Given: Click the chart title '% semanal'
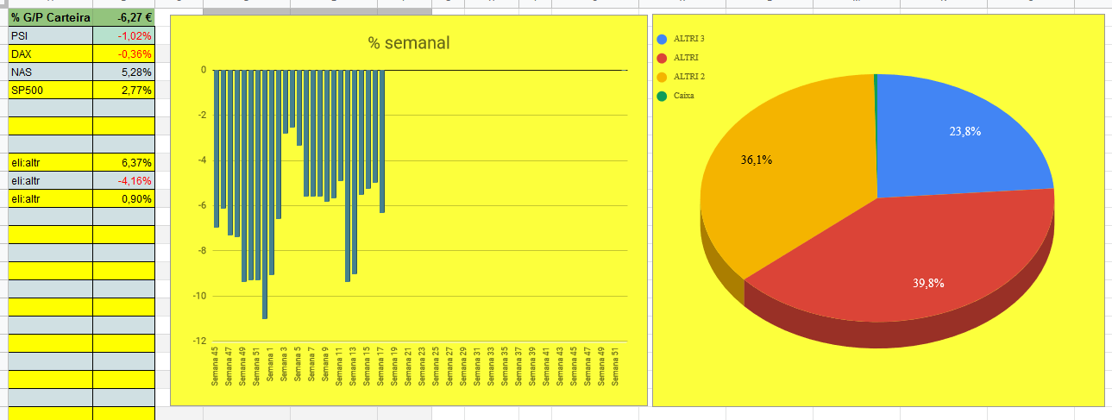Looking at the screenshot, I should point(409,43).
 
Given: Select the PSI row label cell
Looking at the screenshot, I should point(50,35).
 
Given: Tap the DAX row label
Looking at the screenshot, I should point(50,53).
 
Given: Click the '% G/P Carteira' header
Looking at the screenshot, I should point(50,16).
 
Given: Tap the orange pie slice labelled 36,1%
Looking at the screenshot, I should point(768,172).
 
